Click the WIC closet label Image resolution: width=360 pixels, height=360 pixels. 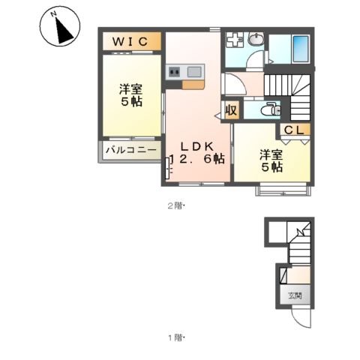pyautogui.click(x=130, y=41)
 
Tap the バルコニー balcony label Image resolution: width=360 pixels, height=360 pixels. pyautogui.click(x=131, y=150)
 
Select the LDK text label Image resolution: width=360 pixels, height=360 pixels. pyautogui.click(x=197, y=147)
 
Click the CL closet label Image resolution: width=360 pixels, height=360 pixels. pyautogui.click(x=294, y=130)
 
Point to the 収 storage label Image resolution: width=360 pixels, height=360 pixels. pyautogui.click(x=231, y=110)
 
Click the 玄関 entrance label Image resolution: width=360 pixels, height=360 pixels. pyautogui.click(x=295, y=295)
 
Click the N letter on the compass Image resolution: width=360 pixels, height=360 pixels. pyautogui.click(x=53, y=14)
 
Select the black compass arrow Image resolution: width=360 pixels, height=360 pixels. pyautogui.click(x=63, y=31)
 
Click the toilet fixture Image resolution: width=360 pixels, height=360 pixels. pyautogui.click(x=270, y=109)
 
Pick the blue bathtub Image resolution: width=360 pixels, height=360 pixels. pyautogui.click(x=301, y=49)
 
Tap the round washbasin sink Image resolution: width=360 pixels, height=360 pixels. pyautogui.click(x=256, y=40)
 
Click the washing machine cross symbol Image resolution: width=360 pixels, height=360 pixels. pyautogui.click(x=235, y=39)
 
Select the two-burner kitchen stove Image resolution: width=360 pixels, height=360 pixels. pyautogui.click(x=175, y=72)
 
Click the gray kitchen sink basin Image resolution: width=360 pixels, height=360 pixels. pyautogui.click(x=194, y=72)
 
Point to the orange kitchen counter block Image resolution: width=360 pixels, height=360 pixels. pyautogui.click(x=193, y=85)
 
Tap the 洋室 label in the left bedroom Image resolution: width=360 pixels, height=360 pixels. pyautogui.click(x=130, y=89)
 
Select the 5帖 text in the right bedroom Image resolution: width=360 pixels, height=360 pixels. pyautogui.click(x=272, y=167)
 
